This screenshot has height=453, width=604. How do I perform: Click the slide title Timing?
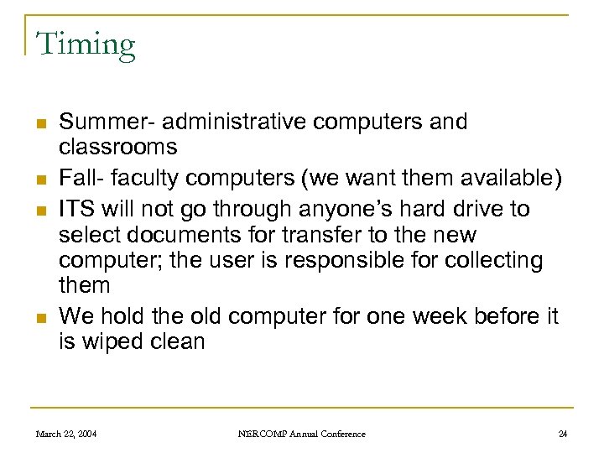coord(85,44)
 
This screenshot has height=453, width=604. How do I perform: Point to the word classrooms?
coord(118,148)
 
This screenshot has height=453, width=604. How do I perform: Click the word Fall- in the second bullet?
coord(80,178)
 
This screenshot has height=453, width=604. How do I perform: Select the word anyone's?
coord(334,208)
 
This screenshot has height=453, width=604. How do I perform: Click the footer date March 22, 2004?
coord(66,434)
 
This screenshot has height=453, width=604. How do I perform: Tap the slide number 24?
coord(562,434)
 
